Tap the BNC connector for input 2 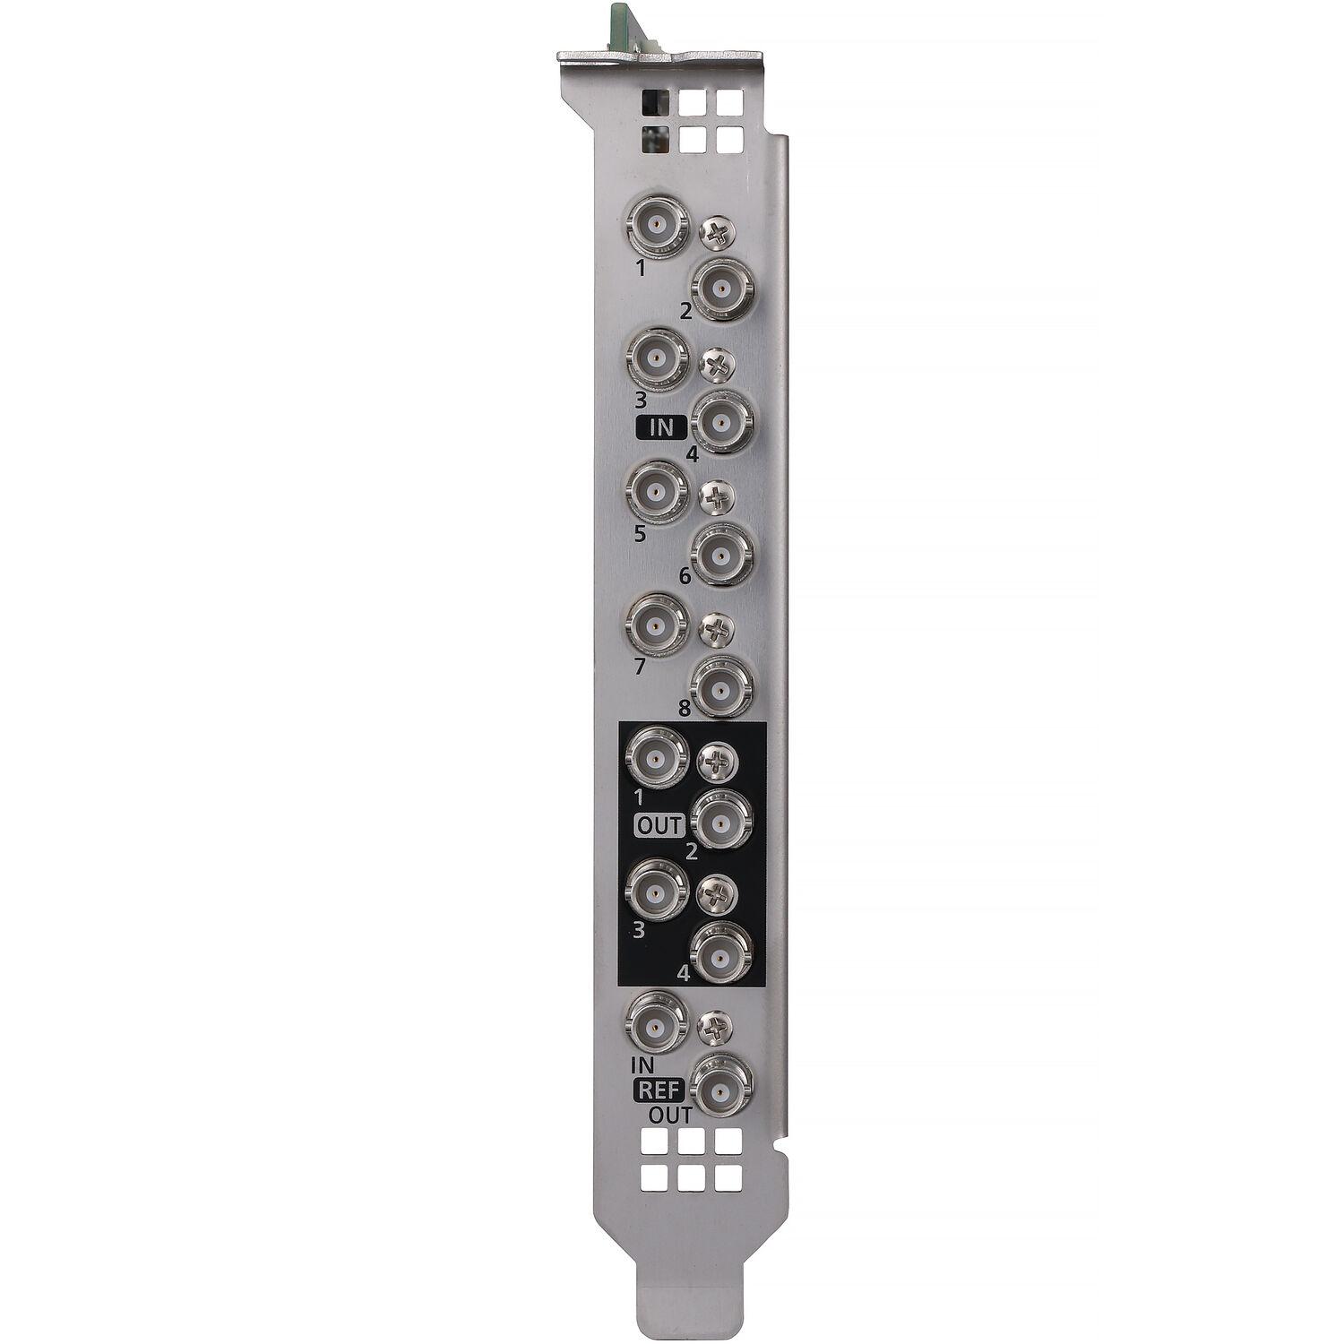721,288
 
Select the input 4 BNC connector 721,419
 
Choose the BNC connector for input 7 658,623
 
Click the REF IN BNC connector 658,1022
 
